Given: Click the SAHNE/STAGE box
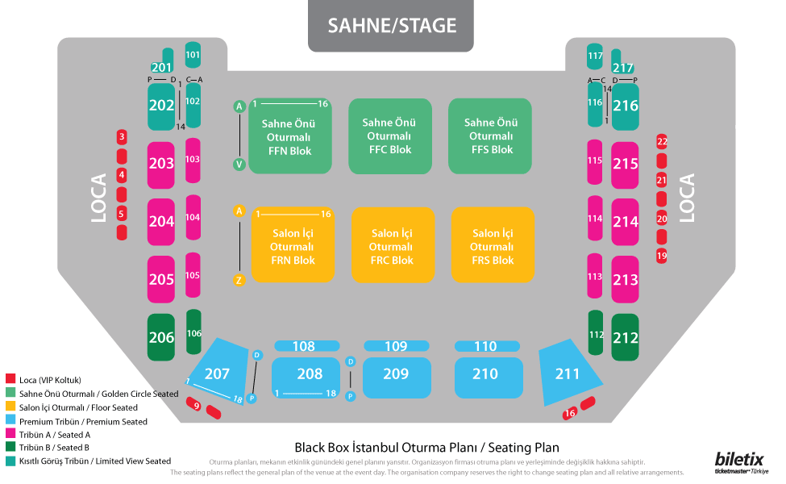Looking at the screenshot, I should pyautogui.click(x=391, y=27).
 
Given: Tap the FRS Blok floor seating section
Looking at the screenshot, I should pyautogui.click(x=492, y=245).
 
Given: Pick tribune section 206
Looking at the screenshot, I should pyautogui.click(x=161, y=337).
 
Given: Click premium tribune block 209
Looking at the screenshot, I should pyautogui.click(x=396, y=374).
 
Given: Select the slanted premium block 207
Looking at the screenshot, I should pyautogui.click(x=218, y=372).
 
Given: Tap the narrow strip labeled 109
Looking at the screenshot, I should pyautogui.click(x=396, y=346).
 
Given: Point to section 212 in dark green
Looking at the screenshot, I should pyautogui.click(x=625, y=337).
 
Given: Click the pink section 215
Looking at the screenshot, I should pyautogui.click(x=625, y=165).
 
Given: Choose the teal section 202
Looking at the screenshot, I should pyautogui.click(x=161, y=106).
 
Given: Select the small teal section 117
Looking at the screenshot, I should pyautogui.click(x=595, y=56).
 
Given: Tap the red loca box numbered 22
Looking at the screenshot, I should pyautogui.click(x=662, y=141).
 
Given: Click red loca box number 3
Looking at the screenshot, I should pyautogui.click(x=122, y=137).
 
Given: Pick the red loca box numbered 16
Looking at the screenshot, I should pyautogui.click(x=570, y=413).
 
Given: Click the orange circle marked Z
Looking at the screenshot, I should pyautogui.click(x=239, y=281).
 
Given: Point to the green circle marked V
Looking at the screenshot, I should pyautogui.click(x=239, y=165).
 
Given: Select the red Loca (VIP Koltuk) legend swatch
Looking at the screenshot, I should pyautogui.click(x=10, y=379).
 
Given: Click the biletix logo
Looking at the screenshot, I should pyautogui.click(x=739, y=459).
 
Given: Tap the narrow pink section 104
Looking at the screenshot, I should pyautogui.click(x=193, y=217).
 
